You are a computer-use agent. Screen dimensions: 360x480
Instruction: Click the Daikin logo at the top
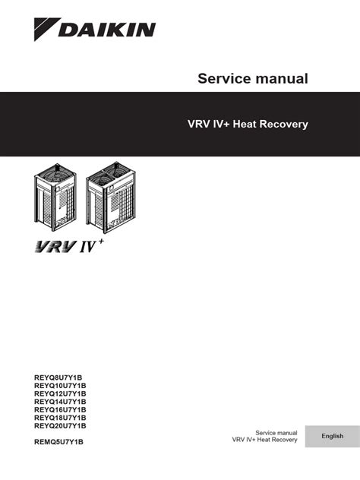coord(95,30)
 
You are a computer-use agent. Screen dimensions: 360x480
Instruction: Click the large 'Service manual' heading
coord(253,78)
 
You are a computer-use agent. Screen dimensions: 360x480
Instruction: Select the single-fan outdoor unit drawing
coord(55,195)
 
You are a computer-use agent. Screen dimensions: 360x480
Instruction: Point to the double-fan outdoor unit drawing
coord(111,197)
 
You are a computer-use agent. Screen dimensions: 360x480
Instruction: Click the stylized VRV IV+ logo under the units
coord(69,246)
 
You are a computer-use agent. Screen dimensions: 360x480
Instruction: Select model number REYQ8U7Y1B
coord(58,377)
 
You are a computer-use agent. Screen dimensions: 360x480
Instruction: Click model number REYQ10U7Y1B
coord(60,385)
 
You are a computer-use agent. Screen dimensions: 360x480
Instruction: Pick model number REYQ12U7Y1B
coord(60,393)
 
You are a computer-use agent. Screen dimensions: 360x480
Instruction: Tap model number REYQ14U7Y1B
coord(60,402)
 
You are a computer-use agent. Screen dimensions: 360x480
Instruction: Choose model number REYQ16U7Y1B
coord(60,409)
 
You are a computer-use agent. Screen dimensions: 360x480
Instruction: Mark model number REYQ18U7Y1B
coord(60,418)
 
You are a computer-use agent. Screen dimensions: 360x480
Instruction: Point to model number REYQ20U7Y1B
coord(60,425)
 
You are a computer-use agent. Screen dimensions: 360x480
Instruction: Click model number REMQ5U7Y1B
coord(58,442)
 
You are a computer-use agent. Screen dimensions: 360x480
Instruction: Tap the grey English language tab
coord(333,436)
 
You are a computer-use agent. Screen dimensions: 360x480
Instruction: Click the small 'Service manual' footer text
coord(276,433)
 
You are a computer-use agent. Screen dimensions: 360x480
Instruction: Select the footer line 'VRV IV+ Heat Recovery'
coord(264,440)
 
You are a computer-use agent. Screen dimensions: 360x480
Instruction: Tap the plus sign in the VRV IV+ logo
coord(101,242)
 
